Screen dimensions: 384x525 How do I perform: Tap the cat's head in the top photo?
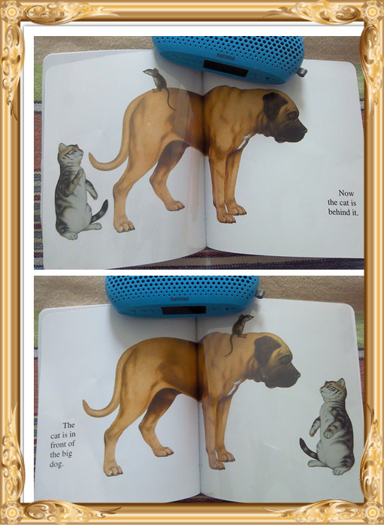point(70,154)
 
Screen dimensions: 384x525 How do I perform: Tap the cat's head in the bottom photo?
point(334,389)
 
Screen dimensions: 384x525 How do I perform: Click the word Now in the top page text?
point(346,193)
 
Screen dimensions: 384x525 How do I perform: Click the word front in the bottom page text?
point(58,445)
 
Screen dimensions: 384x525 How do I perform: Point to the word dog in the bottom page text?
point(56,464)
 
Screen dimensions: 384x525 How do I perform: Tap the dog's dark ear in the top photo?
point(274,105)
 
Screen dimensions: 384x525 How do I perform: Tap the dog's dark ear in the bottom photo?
point(266,349)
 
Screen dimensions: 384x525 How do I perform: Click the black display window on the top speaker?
point(225,68)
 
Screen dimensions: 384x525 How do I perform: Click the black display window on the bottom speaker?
point(183,310)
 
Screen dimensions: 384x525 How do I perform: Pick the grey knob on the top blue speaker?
point(303,72)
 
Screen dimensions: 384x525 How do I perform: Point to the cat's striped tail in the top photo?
point(99,212)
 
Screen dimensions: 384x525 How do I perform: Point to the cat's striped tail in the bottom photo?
point(309,448)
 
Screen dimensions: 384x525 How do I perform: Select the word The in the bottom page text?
point(68,426)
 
